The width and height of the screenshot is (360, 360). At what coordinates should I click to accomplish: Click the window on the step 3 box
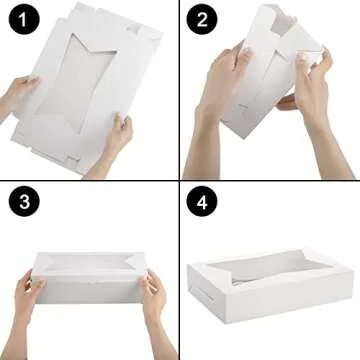click(90, 268)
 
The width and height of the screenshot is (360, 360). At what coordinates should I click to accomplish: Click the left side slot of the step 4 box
click(203, 293)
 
